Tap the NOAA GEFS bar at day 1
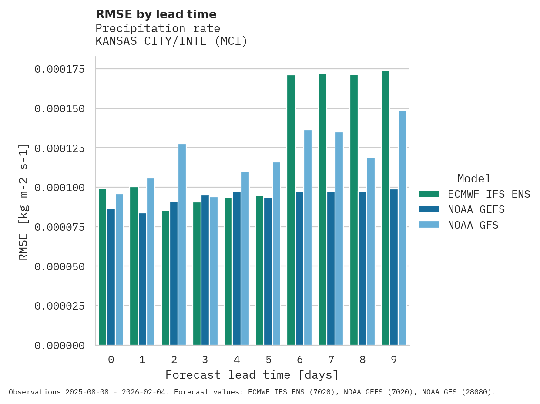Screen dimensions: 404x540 click(142, 279)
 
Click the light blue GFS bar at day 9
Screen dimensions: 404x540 click(402, 228)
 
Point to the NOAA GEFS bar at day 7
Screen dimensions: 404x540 click(331, 268)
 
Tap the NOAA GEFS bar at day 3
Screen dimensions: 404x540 click(205, 270)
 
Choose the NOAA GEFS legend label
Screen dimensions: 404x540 click(476, 210)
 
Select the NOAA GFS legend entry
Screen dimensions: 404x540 click(473, 226)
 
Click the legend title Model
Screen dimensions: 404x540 click(474, 178)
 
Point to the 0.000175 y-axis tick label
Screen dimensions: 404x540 click(59, 69)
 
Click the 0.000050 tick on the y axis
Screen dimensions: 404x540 click(59, 266)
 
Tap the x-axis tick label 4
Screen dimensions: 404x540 click(237, 360)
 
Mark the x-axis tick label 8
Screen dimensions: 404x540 click(362, 360)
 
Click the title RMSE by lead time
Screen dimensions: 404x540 click(156, 14)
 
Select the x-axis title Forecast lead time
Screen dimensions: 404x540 click(252, 375)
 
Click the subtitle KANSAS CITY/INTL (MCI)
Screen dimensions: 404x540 click(171, 41)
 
